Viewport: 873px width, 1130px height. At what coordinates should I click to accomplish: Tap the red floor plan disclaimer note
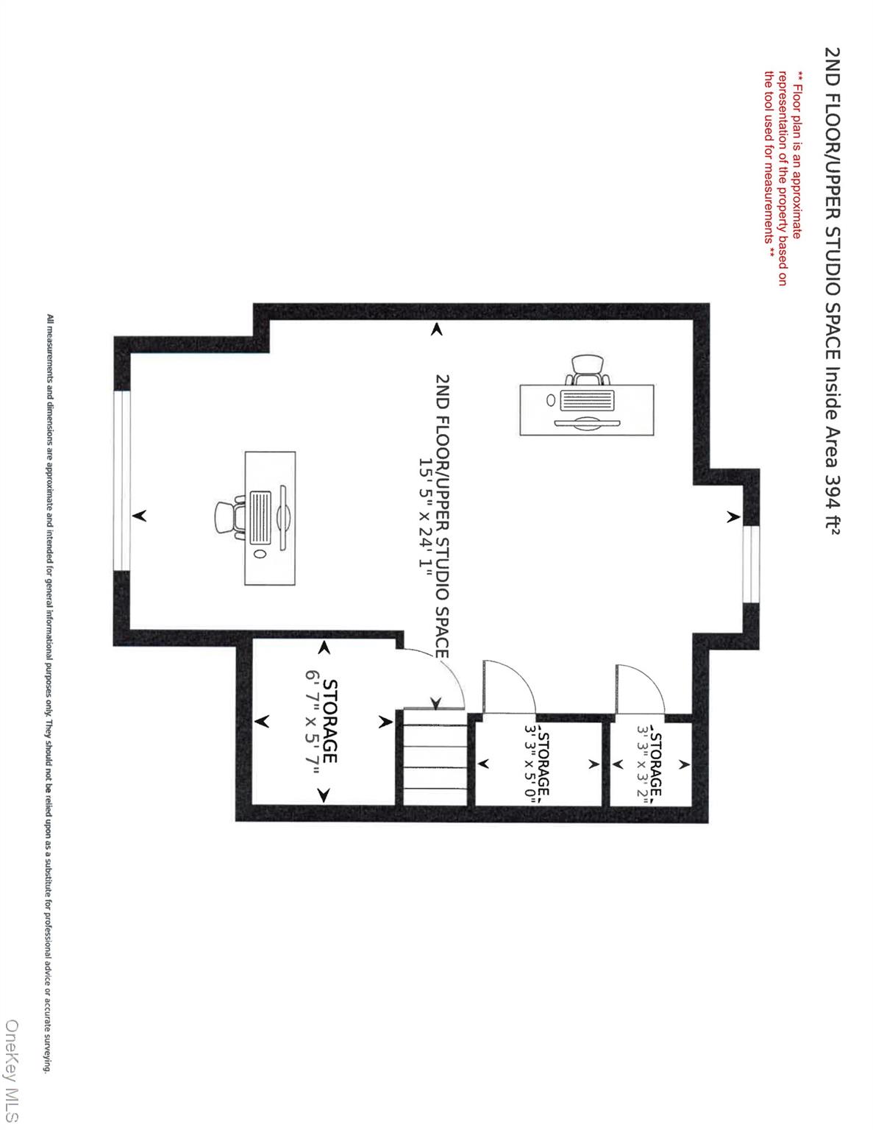pyautogui.click(x=782, y=178)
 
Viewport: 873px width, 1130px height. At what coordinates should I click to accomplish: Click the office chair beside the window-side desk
pyautogui.click(x=229, y=518)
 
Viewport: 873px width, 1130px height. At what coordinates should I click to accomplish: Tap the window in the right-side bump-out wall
pyautogui.click(x=751, y=564)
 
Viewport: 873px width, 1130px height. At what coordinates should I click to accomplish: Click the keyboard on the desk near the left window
pyautogui.click(x=260, y=517)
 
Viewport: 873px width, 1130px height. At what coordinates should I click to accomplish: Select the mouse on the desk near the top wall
pyautogui.click(x=551, y=400)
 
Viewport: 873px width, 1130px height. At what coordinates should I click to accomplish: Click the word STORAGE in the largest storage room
pyautogui.click(x=330, y=721)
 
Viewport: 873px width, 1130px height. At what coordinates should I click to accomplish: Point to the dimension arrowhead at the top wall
pyautogui.click(x=437, y=329)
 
